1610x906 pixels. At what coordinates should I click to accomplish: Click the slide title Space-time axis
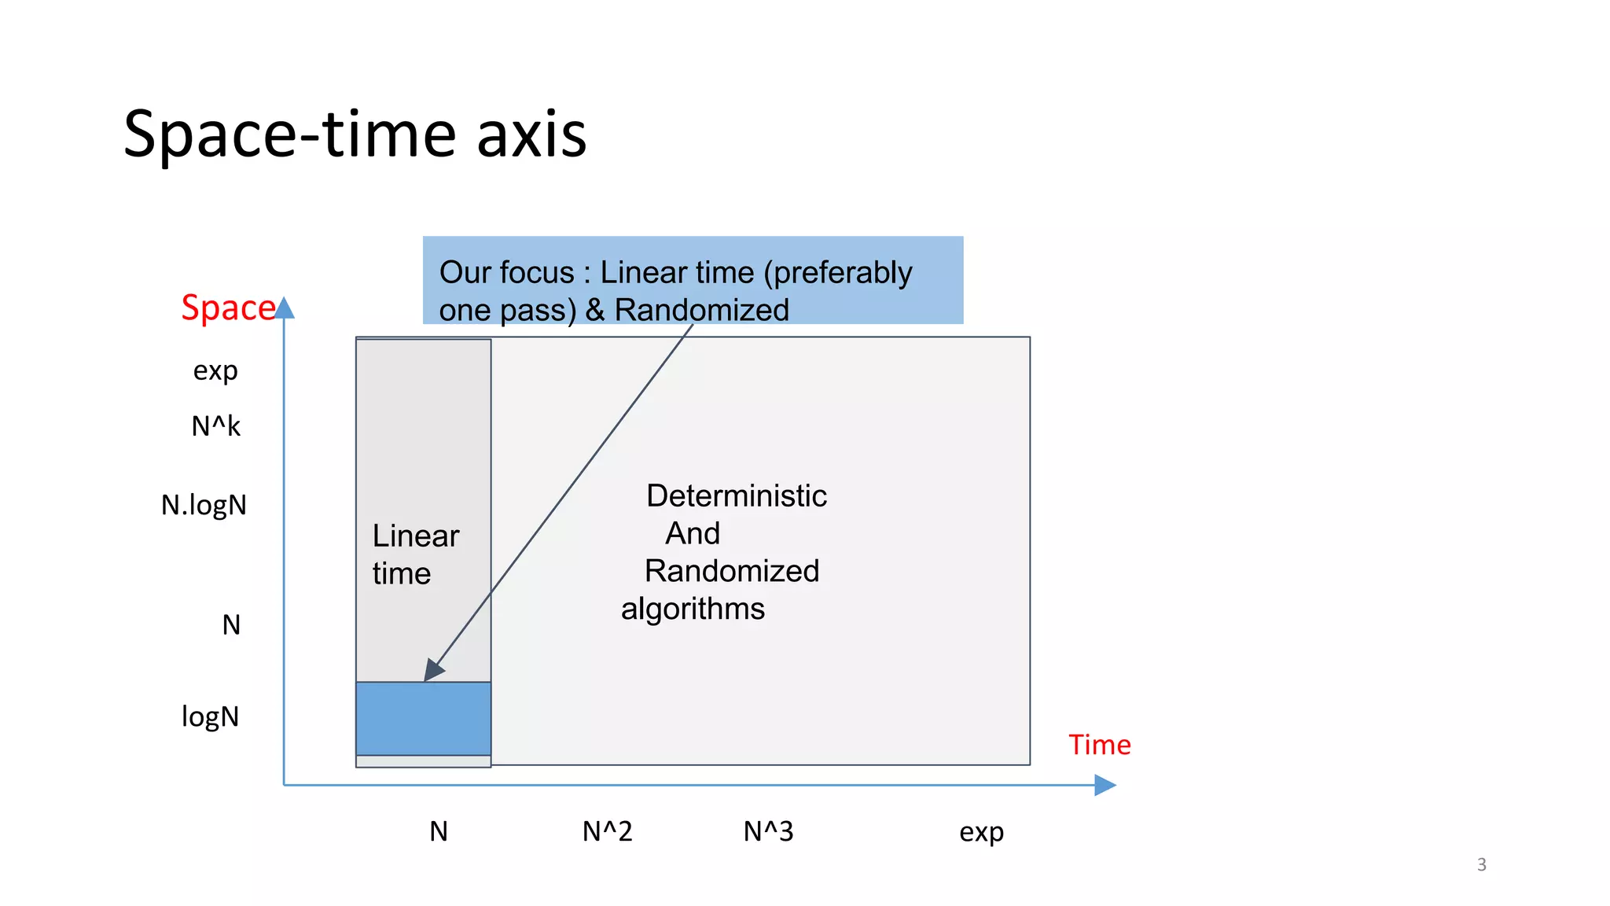[355, 134]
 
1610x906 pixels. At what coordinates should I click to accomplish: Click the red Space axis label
[227, 308]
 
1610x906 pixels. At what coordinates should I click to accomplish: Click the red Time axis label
[1099, 745]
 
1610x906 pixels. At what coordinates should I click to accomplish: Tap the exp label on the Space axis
[215, 370]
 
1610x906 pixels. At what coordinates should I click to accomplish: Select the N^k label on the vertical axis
[215, 426]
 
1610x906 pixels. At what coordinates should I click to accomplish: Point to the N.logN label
[204, 505]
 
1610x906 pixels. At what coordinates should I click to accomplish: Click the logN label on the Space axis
[210, 716]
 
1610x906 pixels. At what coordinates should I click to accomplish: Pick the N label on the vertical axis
[231, 625]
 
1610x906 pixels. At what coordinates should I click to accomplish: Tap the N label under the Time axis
[439, 831]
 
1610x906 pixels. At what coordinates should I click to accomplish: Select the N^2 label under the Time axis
[607, 831]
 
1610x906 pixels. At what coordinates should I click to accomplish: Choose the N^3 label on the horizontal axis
[768, 831]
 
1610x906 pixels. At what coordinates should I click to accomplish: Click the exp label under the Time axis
[981, 832]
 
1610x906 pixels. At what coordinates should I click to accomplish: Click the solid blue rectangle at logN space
[423, 719]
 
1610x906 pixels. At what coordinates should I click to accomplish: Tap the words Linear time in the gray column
[414, 554]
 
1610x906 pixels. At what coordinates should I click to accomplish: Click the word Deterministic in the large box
[736, 496]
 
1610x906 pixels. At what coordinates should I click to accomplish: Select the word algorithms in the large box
[693, 609]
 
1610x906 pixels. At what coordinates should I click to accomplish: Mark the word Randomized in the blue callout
[701, 310]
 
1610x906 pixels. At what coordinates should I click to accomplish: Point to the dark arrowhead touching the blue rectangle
[433, 670]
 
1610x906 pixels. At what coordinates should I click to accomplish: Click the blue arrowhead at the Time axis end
[1105, 785]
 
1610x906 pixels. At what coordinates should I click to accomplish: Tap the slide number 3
[1481, 864]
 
